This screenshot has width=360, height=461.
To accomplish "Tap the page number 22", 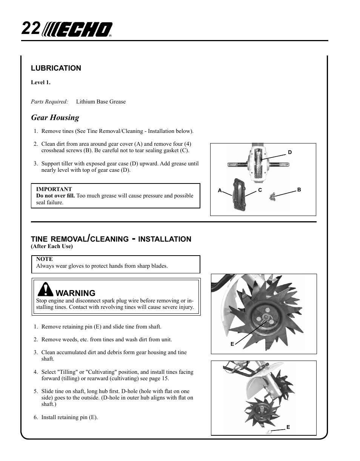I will (x=31, y=29).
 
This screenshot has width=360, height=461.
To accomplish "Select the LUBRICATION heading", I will (x=56, y=68).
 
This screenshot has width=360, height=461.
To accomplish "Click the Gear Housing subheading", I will (x=55, y=117).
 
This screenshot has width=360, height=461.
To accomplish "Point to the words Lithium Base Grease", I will (x=101, y=102).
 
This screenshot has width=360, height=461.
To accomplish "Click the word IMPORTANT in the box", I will (x=54, y=189).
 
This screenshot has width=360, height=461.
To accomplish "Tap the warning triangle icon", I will (x=45, y=290).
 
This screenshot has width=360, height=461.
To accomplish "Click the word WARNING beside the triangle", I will (x=75, y=293).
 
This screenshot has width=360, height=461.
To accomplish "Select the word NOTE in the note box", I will (x=44, y=259).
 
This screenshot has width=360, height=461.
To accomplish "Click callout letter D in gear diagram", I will (x=290, y=153).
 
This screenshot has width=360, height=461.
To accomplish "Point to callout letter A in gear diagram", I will (x=220, y=191).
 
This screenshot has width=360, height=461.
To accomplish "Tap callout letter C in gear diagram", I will (x=260, y=190).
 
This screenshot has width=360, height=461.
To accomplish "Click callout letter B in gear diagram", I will (x=299, y=190).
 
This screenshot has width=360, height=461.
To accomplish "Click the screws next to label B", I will (x=272, y=196).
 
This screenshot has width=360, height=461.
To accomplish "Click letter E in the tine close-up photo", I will (x=232, y=344).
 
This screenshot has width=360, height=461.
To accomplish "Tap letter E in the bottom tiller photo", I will (x=288, y=427).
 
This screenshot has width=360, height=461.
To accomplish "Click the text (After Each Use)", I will (x=52, y=247).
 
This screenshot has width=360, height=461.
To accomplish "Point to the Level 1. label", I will (x=40, y=82).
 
